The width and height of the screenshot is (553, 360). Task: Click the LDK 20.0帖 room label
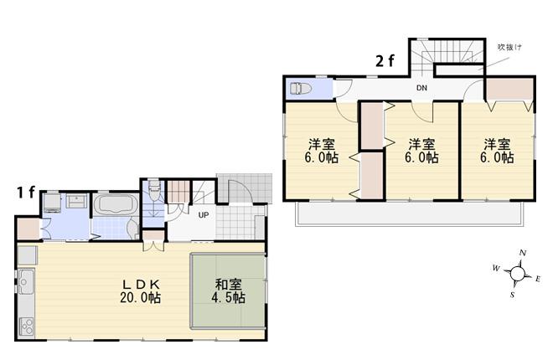coord(139,291)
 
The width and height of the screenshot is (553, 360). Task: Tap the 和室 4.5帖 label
coord(227,291)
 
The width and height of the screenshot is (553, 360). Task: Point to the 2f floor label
coord(385,60)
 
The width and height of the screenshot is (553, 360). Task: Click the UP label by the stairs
coord(203,215)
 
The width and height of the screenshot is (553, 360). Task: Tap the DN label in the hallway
coord(423,88)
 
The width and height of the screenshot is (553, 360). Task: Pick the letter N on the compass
coord(522,253)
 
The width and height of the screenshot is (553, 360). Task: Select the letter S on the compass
coord(512,294)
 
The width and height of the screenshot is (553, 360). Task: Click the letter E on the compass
coord(538,279)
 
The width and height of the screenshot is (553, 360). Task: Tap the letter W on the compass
coord(496,268)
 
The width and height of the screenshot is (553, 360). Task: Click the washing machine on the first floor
coord(49,202)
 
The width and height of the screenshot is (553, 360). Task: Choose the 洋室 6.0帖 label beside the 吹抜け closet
coord(498,151)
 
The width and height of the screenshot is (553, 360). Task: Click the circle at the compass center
coord(518,274)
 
